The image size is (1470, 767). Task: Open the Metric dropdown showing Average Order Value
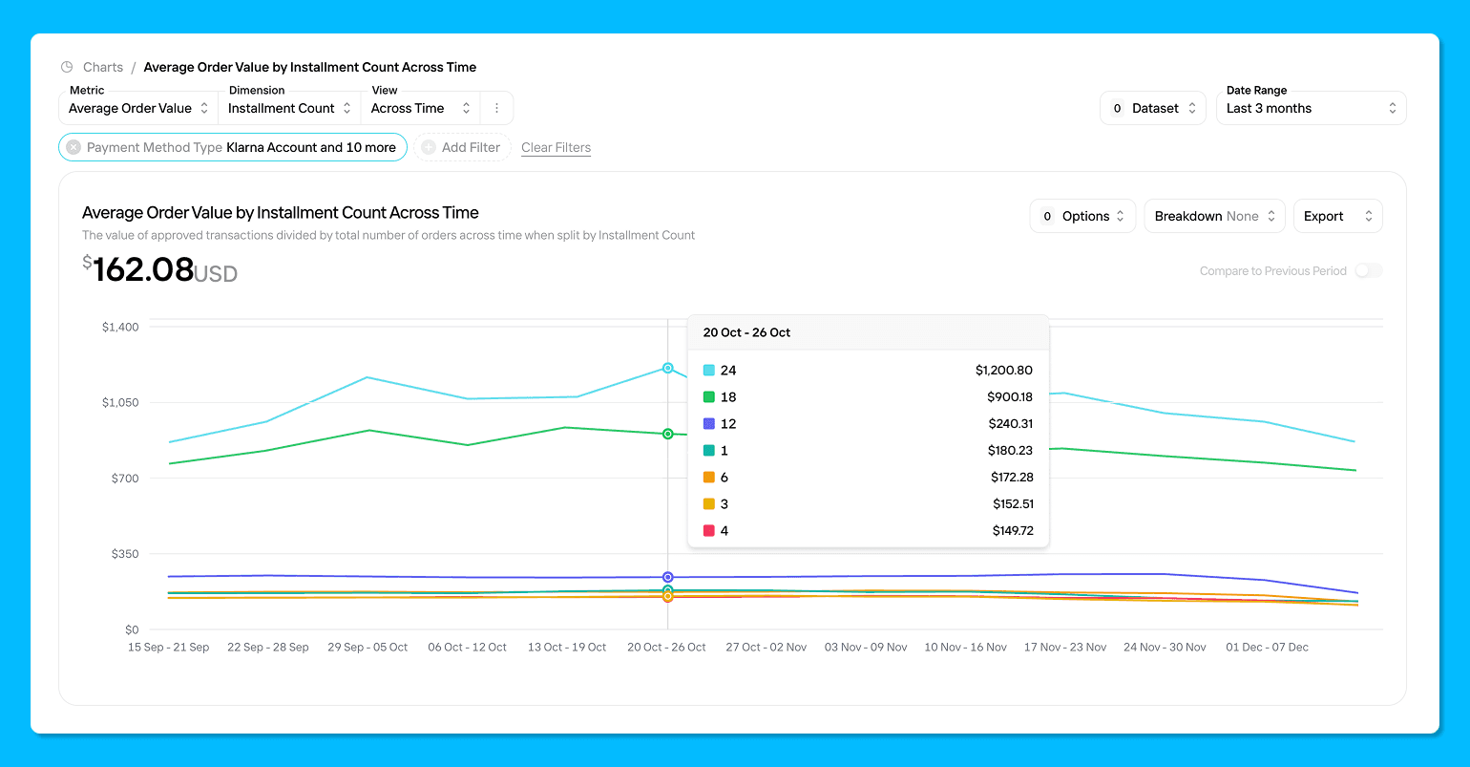coord(137,108)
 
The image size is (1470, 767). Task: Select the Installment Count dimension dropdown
coord(289,108)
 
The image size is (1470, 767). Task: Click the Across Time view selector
coord(420,108)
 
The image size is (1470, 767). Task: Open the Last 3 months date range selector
coord(1311,108)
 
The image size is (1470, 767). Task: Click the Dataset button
coord(1153,108)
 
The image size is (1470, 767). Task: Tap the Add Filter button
coord(462,147)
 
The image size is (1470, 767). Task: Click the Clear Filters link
coord(556,147)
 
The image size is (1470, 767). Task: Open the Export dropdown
coord(1337,216)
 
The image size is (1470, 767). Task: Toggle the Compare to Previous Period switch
coord(1369,271)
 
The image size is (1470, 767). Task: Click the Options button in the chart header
coord(1082,216)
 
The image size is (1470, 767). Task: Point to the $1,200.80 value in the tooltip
coord(1003,370)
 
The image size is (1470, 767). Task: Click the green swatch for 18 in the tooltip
coord(709,396)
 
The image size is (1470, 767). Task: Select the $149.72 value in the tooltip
coord(1012,530)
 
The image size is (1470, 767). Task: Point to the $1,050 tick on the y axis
coord(120,402)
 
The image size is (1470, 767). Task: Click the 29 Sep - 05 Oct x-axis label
coord(367,647)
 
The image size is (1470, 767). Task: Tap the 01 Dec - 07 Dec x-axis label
coord(1267,647)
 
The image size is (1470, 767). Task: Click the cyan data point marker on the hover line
coord(668,368)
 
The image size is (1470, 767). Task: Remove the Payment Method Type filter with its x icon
coord(73,147)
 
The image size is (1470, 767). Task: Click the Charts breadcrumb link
coord(103,67)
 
